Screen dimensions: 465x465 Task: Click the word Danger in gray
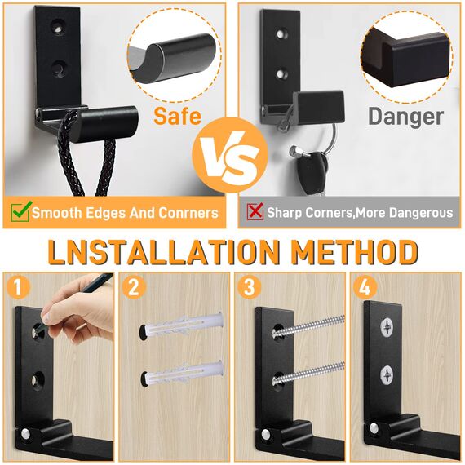pyautogui.click(x=405, y=117)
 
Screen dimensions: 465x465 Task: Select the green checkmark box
pyautogui.click(x=20, y=212)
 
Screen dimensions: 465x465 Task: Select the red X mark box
pyautogui.click(x=255, y=212)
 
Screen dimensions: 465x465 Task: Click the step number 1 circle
pyautogui.click(x=16, y=287)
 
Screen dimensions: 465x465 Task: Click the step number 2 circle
pyautogui.click(x=134, y=287)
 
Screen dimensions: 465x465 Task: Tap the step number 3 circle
pyautogui.click(x=250, y=287)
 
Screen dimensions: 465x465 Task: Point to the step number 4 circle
pyautogui.click(x=365, y=287)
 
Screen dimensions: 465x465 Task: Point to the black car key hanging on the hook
pyautogui.click(x=310, y=169)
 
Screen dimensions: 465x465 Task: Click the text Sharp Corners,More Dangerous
pyautogui.click(x=360, y=212)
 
